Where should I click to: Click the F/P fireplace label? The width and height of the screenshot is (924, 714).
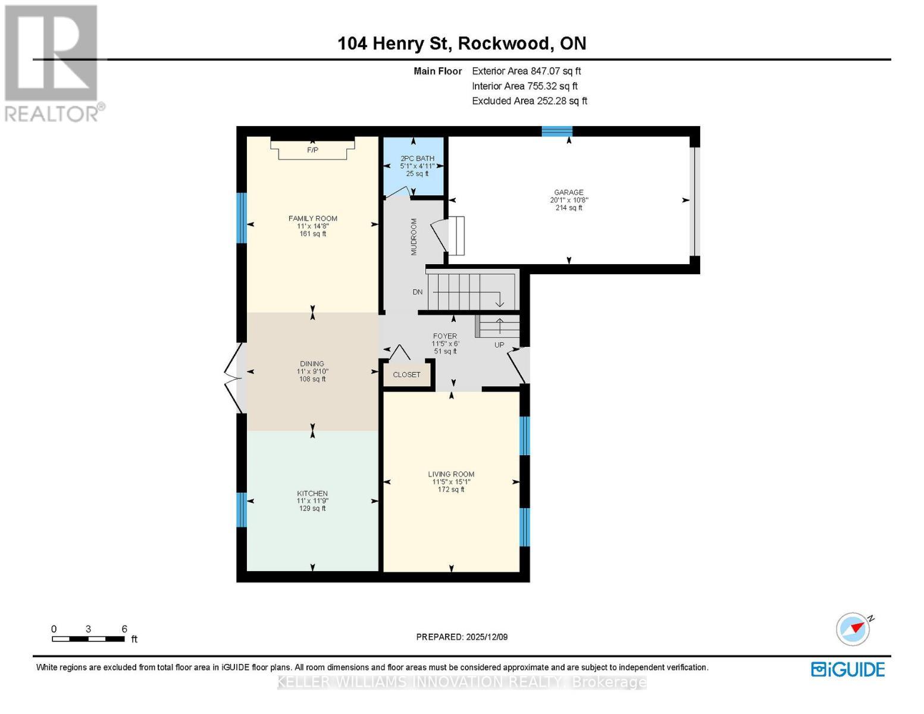pos(312,150)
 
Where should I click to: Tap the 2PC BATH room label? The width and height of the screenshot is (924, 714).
pos(417,159)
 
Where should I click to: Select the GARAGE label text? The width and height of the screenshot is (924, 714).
pos(568,192)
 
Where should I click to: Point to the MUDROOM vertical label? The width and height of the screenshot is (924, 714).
pos(414,237)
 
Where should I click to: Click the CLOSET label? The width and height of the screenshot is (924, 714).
pos(406,375)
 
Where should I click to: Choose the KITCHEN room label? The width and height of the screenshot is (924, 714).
pos(312,493)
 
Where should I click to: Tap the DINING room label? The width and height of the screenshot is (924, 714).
pos(312,364)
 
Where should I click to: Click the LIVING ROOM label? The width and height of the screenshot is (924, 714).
pos(451,474)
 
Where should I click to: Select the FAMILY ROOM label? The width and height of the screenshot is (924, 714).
pos(312,218)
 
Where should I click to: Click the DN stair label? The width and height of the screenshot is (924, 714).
pos(418,292)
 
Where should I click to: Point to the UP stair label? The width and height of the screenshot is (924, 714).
pos(499,345)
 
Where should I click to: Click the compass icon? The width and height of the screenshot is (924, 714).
pos(853,629)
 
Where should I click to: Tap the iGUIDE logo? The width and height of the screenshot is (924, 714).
pos(848,669)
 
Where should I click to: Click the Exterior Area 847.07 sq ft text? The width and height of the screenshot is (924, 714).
pos(526,71)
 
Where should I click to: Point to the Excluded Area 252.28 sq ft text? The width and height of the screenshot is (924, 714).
pos(529,101)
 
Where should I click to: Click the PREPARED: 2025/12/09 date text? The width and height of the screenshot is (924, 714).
pos(462,637)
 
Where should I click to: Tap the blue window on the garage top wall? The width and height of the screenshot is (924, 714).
pos(557,131)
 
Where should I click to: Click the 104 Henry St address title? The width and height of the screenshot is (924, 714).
pos(462,43)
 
